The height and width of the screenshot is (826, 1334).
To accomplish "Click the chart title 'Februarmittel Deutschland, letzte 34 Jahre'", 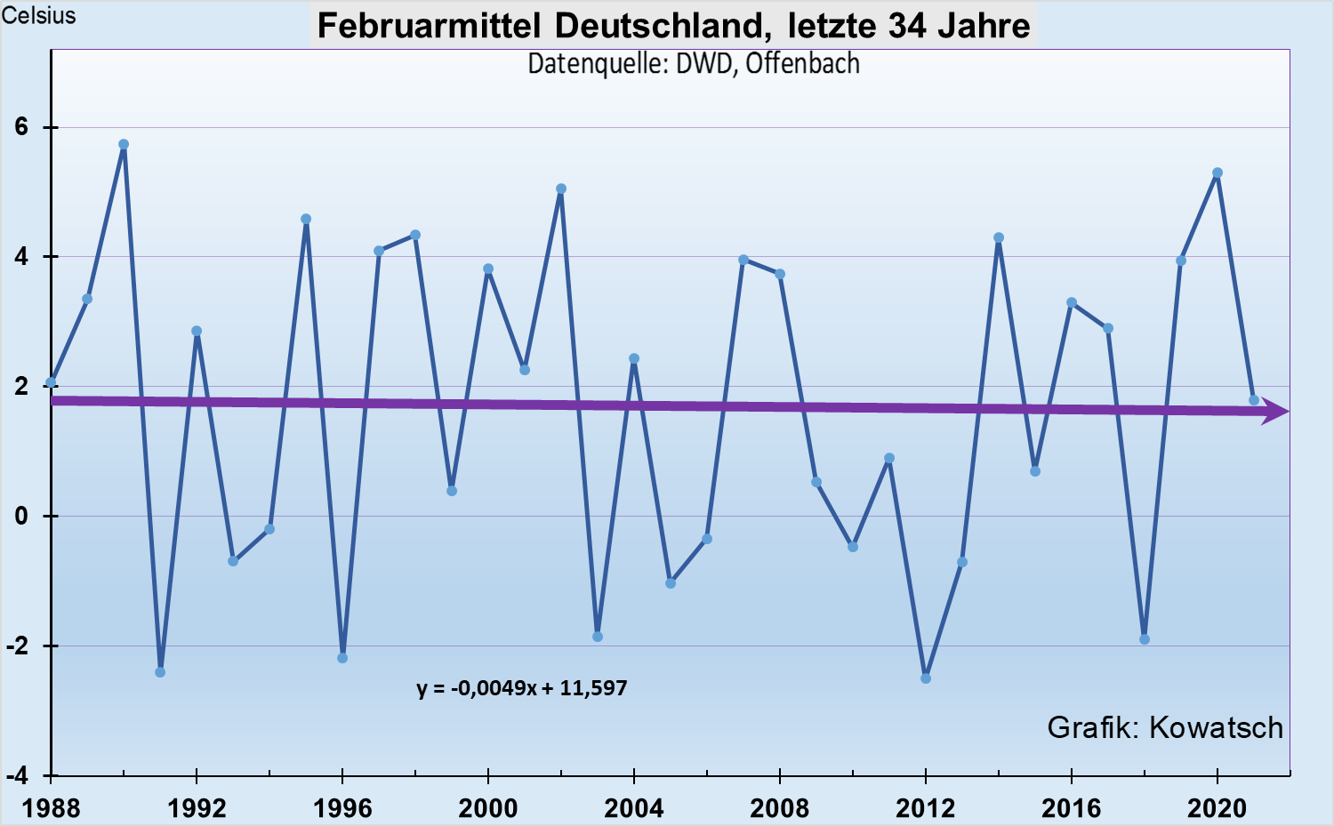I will pos(674,25).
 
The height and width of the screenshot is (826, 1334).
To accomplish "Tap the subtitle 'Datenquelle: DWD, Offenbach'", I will pos(694,64).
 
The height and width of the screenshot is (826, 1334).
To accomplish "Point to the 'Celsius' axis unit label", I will pos(38,15).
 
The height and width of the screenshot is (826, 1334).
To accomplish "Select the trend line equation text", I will pos(522,688).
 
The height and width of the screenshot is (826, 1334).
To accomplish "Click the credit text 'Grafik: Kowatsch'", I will pos(1165,727).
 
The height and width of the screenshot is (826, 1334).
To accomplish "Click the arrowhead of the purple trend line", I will pos(1277,412).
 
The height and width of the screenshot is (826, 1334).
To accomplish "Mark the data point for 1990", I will pos(124,144).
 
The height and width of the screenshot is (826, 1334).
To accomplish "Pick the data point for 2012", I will pos(926,678).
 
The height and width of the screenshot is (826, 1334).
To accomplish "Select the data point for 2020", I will pos(1217,173).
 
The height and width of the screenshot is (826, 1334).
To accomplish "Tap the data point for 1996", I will pos(342,658).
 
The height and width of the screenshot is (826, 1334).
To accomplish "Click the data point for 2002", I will pos(561,188).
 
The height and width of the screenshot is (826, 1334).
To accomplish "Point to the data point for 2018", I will pos(1145,639).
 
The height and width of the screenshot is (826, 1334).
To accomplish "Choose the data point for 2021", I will pos(1254,400).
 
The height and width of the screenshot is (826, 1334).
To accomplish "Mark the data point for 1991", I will pos(160,672).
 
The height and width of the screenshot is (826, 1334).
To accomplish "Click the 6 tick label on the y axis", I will pos(21,127).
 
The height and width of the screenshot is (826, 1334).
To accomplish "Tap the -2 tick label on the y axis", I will pos(18,646).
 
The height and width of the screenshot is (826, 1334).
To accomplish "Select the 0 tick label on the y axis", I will pos(21,516).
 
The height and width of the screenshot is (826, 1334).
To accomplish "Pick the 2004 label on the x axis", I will pos(634,808).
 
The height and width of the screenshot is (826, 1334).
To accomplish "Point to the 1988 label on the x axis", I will pos(51,808).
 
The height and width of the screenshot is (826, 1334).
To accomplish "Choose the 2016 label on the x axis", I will pos(1072,808).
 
